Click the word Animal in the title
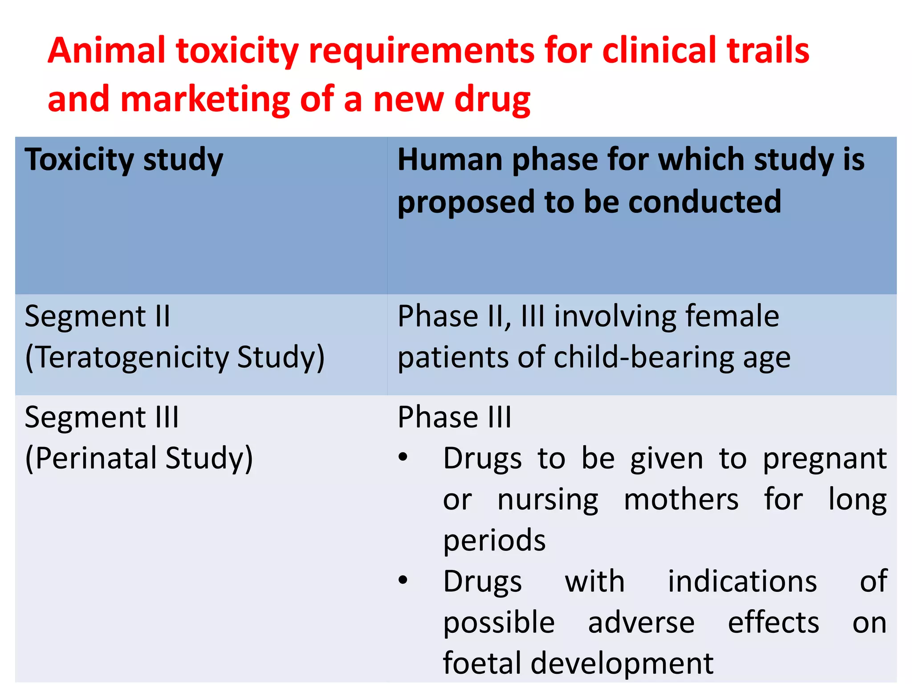pos(106,51)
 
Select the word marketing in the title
pos(205,99)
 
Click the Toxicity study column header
pos(124,160)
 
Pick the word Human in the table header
pos(450,160)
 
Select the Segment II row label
pos(98,317)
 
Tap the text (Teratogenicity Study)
pos(175,358)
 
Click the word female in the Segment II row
pos(732,317)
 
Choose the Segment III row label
pos(102,418)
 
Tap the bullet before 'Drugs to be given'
pos(403,458)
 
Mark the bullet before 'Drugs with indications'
pos(403,580)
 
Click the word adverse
pos(641,623)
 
